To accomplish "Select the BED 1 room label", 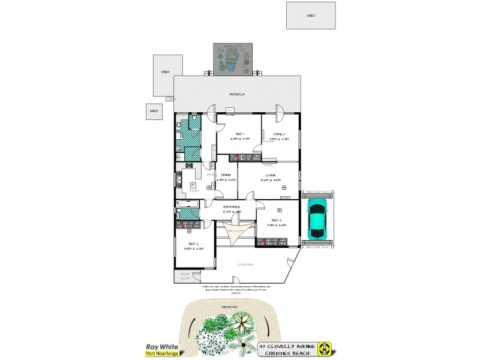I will [x=239, y=133].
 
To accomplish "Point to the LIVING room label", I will [x=271, y=175].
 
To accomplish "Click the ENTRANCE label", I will [x=232, y=207].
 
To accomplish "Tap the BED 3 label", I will [x=276, y=220].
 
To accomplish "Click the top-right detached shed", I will [x=310, y=16].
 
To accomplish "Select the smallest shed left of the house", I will [x=154, y=111].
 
